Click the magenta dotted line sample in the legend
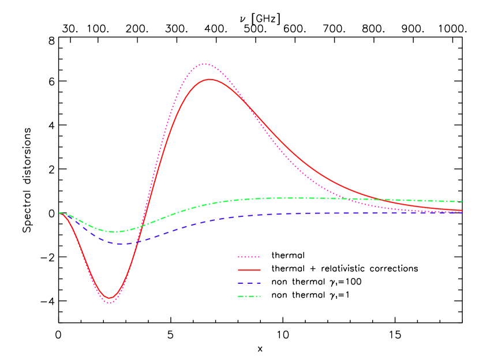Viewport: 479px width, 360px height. tap(249, 257)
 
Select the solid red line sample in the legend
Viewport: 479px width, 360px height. tap(249, 270)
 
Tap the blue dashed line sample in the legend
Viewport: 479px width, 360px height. tap(249, 283)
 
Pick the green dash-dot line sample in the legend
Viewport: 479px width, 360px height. tap(249, 297)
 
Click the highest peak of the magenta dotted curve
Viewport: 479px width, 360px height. tap(204, 65)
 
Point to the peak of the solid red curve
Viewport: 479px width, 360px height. tap(210, 80)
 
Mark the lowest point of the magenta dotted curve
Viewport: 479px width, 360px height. tap(110, 302)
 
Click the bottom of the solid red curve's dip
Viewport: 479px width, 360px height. tap(110, 298)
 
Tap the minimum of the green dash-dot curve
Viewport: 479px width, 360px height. tap(116, 232)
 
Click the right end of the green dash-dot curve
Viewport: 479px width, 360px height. tap(462, 202)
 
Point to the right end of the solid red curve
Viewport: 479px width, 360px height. tap(462, 211)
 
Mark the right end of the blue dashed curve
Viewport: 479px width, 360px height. tap(462, 213)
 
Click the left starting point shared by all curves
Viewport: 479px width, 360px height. tap(59, 213)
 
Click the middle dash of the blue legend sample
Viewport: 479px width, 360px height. tap(249, 283)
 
